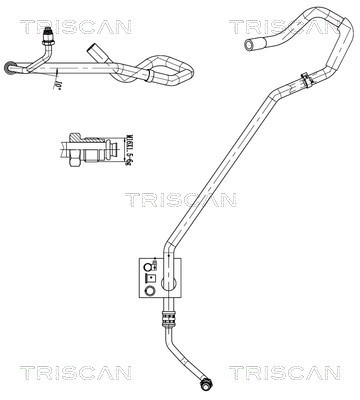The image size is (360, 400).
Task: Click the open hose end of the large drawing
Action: (x=246, y=46)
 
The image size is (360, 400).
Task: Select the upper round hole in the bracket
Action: (x=151, y=265)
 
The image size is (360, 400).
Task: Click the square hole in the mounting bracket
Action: (x=151, y=279)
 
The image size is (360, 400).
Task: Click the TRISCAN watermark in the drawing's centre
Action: (x=180, y=199)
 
